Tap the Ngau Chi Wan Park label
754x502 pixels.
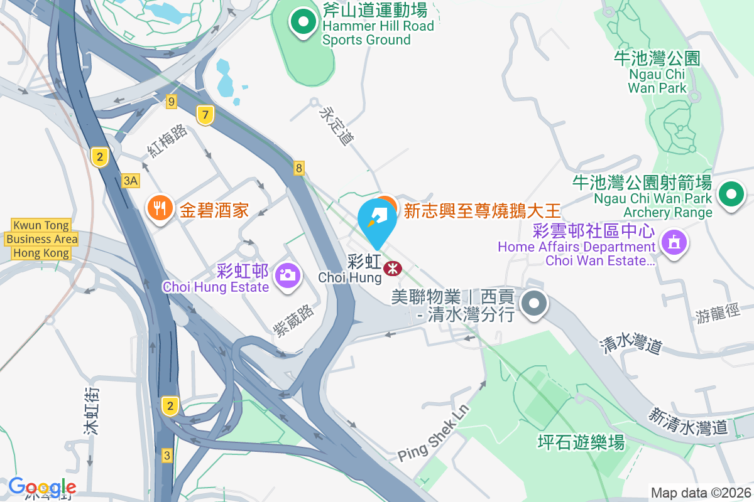[657, 73]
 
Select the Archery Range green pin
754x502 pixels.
[731, 194]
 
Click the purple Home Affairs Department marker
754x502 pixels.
[674, 242]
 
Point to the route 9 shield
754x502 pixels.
[172, 100]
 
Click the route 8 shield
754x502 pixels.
[299, 168]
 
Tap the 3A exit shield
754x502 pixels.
[130, 181]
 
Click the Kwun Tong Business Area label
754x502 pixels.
[41, 239]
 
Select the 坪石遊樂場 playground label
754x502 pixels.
[581, 442]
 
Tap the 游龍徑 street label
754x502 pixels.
[718, 312]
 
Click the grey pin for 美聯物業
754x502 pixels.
[534, 304]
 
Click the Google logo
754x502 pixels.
[42, 487]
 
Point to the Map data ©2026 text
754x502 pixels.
[700, 493]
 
